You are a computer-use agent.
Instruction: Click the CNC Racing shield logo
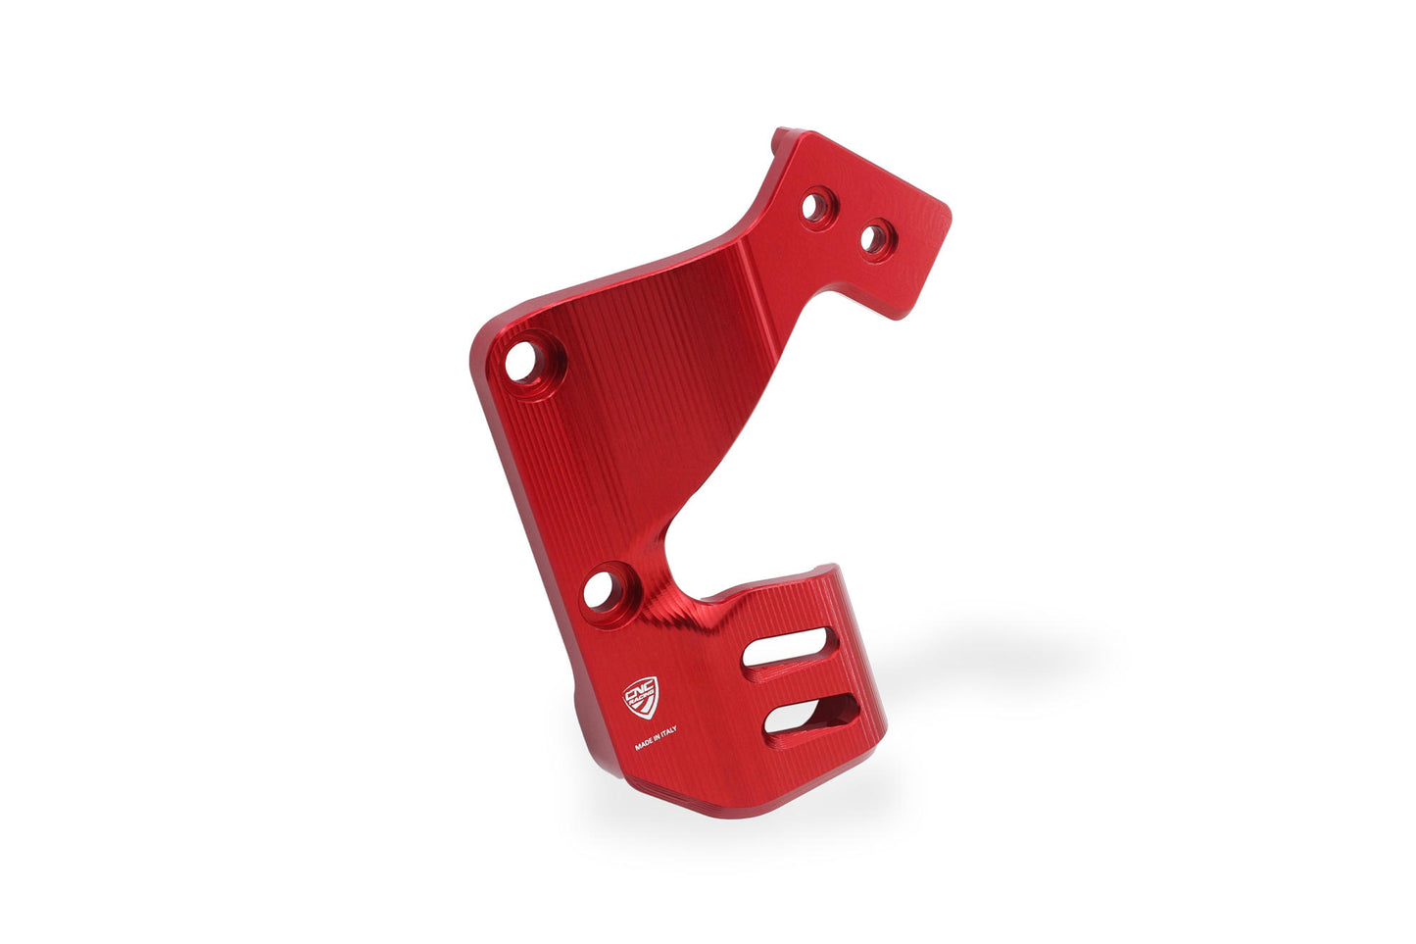coord(642,697)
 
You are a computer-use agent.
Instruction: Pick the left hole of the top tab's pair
coord(815,206)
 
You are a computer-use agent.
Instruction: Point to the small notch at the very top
coord(780,136)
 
